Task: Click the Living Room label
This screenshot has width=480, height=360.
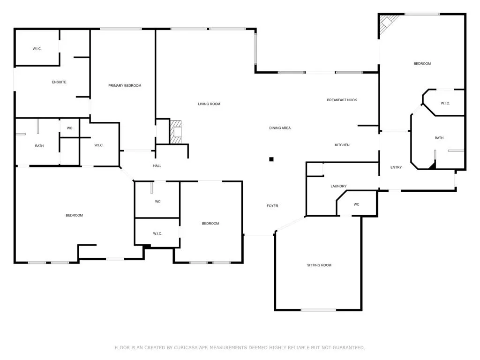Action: (x=209, y=104)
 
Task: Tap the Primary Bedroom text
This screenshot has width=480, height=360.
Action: (x=125, y=86)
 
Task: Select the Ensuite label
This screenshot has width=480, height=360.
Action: (x=59, y=82)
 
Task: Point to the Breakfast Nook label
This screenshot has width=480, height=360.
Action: (x=342, y=100)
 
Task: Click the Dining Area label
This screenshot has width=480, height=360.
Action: (x=280, y=128)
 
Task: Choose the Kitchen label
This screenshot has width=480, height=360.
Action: (x=342, y=145)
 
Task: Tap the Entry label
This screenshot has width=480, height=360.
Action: (x=396, y=168)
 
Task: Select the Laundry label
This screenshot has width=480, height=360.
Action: (x=338, y=187)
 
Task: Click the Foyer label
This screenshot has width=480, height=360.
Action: (x=272, y=206)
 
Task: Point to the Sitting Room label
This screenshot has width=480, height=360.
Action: (x=319, y=265)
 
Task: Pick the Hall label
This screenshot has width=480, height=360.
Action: (x=157, y=166)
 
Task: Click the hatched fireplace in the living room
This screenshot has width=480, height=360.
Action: (x=176, y=132)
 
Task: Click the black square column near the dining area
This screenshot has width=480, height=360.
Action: (x=271, y=159)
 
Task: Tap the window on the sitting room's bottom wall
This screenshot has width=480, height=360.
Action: (x=318, y=310)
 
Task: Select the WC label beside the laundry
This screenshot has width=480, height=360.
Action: (x=356, y=205)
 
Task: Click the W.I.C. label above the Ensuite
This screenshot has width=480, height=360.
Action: (x=37, y=49)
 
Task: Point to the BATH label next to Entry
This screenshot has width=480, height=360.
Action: (x=439, y=138)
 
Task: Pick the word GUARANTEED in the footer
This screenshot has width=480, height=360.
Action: (x=348, y=348)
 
